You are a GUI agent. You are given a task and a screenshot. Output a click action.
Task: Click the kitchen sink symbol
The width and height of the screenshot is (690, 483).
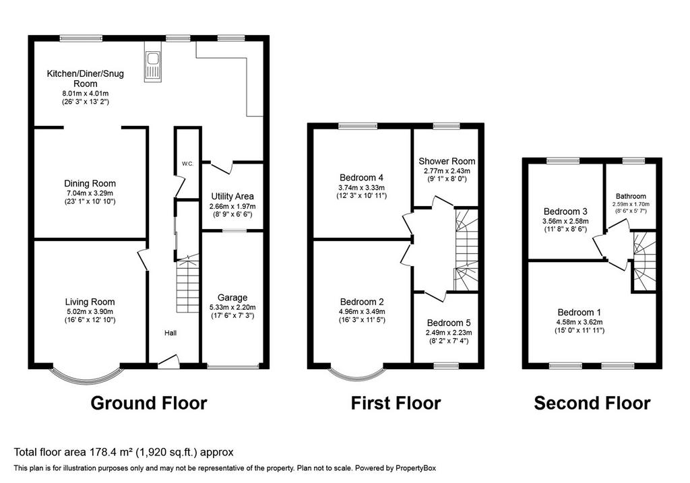point(153,67)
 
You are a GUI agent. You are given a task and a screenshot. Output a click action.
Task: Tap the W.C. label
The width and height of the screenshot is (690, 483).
point(188,164)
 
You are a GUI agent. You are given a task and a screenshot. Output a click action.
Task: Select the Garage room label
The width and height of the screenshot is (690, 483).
point(232,298)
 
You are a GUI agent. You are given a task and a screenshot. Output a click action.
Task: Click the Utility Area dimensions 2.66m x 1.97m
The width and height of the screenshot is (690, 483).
point(232,206)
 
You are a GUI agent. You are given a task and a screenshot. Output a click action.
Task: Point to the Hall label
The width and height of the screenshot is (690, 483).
point(170,333)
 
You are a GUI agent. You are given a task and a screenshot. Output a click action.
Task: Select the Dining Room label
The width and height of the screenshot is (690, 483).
point(90,183)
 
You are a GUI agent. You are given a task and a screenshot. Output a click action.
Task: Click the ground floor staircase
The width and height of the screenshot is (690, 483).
point(187,284)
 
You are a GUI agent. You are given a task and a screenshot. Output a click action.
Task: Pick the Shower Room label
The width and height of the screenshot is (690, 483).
point(447,161)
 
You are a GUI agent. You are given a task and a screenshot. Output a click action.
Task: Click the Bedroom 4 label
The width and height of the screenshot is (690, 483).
point(361,178)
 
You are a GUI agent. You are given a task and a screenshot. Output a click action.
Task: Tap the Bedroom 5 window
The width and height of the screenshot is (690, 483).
point(446,366)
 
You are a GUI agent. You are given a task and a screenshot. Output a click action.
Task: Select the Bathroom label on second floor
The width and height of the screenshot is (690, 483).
point(631,196)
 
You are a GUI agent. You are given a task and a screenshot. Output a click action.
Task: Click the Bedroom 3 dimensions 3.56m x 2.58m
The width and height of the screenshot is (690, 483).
point(565,221)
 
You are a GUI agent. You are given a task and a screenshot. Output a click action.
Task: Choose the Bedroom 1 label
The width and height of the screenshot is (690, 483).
point(579,313)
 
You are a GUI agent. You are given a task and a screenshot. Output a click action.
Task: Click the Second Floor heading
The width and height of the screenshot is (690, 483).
point(592,403)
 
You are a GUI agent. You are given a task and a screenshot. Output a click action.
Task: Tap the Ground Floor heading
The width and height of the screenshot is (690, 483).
point(149,403)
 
